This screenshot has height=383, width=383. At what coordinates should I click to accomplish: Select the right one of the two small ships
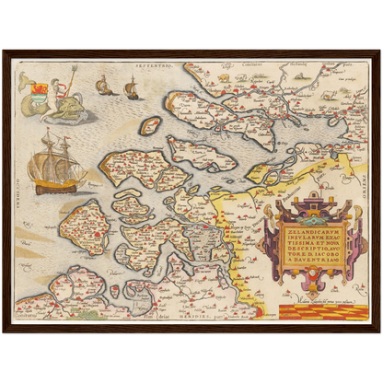click(131, 88)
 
